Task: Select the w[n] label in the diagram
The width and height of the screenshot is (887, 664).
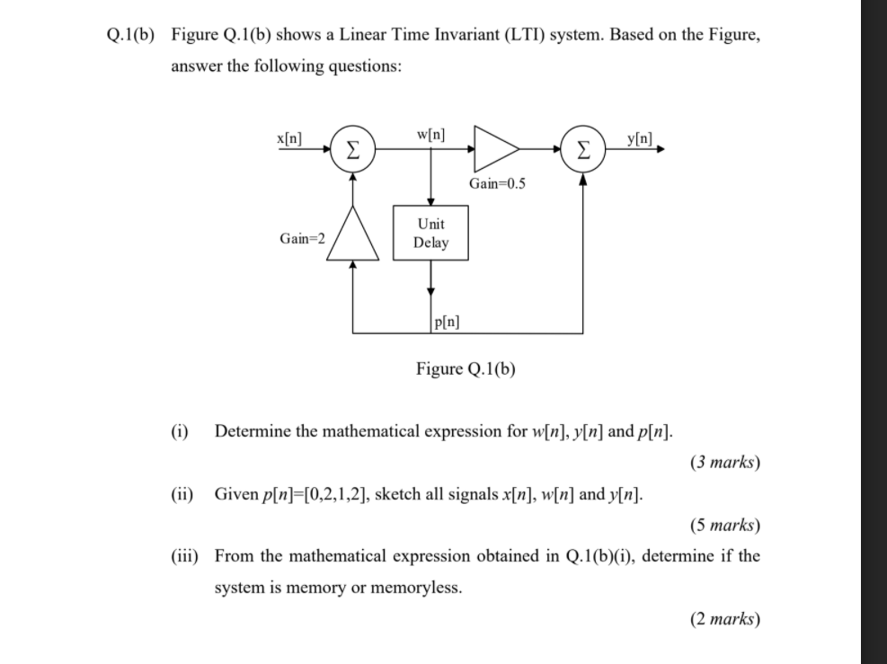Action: [x=432, y=135]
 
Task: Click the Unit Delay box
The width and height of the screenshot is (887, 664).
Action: [x=430, y=233]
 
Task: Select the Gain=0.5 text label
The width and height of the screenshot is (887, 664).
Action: [x=497, y=184]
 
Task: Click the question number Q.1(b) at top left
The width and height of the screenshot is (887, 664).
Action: [x=128, y=35]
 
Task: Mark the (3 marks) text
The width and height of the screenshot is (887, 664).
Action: [x=725, y=463]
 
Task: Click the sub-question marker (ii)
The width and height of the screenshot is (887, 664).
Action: [x=183, y=494]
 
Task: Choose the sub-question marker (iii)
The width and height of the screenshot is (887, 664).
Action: [x=185, y=556]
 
